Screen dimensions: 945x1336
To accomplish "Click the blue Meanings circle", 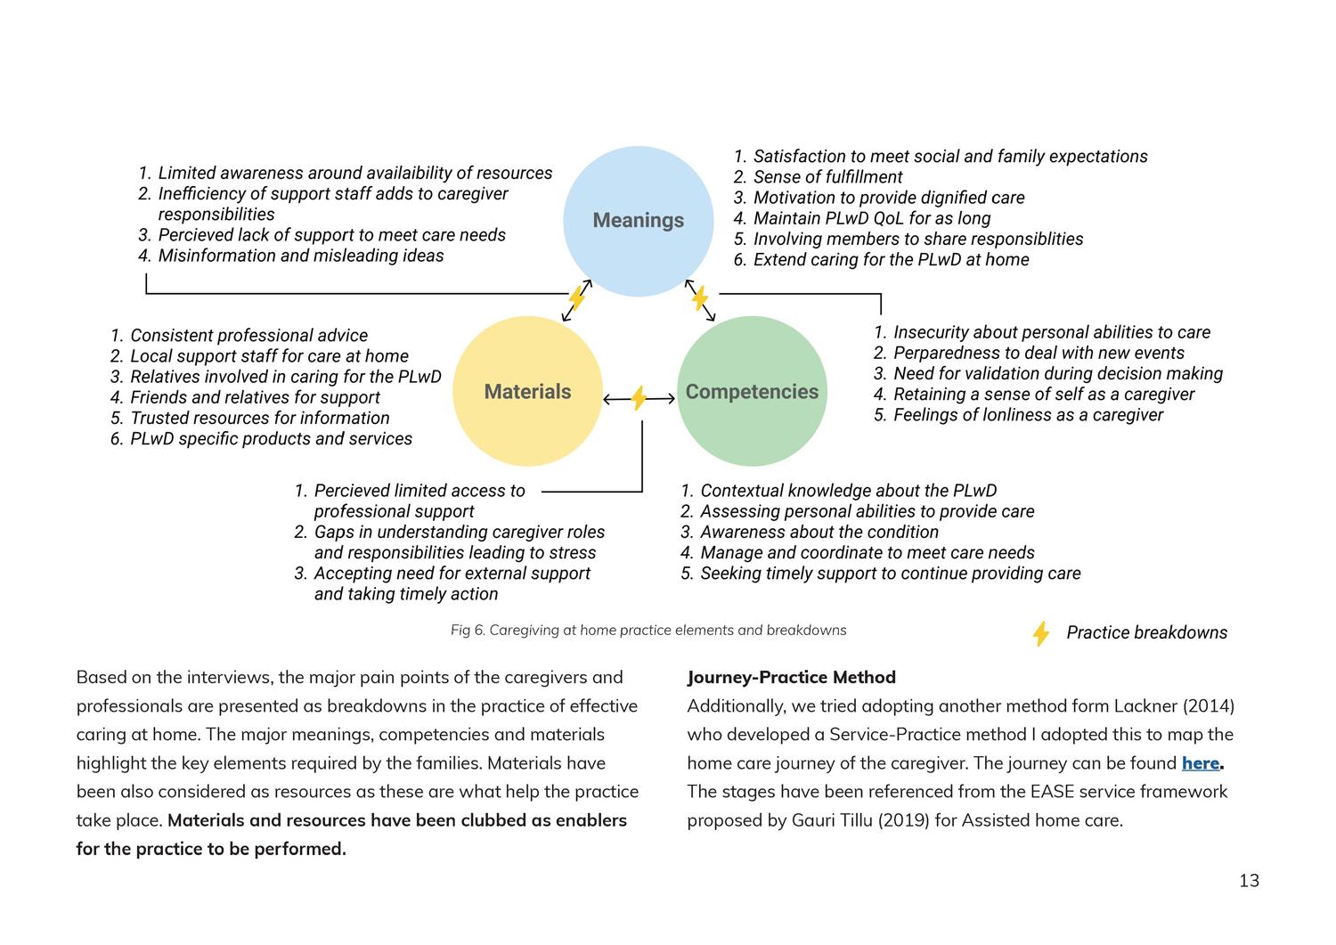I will click(x=638, y=220).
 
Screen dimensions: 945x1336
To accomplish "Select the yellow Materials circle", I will click(x=527, y=391).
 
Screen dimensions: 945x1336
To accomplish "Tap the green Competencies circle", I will click(x=752, y=391).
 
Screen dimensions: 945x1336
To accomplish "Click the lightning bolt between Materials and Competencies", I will click(x=639, y=398).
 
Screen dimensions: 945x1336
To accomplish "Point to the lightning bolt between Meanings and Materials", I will click(x=577, y=297).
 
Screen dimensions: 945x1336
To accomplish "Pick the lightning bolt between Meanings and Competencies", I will click(x=700, y=297).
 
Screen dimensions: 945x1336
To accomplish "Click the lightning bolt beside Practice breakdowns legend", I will click(x=1040, y=633).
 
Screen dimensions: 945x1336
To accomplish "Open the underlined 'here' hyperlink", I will click(x=1200, y=763).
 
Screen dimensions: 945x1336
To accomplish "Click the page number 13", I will click(x=1249, y=881).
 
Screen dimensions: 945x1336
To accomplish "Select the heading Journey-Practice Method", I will click(x=791, y=677).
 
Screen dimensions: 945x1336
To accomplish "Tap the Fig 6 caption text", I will click(x=648, y=631).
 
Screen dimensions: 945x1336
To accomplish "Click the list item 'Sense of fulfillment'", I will click(x=827, y=177).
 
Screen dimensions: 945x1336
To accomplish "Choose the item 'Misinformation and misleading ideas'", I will click(x=300, y=256).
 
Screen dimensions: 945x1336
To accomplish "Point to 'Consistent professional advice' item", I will click(x=248, y=336).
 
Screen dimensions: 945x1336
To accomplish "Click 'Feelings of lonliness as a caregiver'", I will click(x=1028, y=415).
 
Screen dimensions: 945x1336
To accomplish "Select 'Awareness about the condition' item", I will click(x=819, y=532).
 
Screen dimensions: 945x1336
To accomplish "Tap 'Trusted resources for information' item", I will click(x=259, y=418).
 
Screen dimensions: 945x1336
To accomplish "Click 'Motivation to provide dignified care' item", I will click(x=888, y=198).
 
